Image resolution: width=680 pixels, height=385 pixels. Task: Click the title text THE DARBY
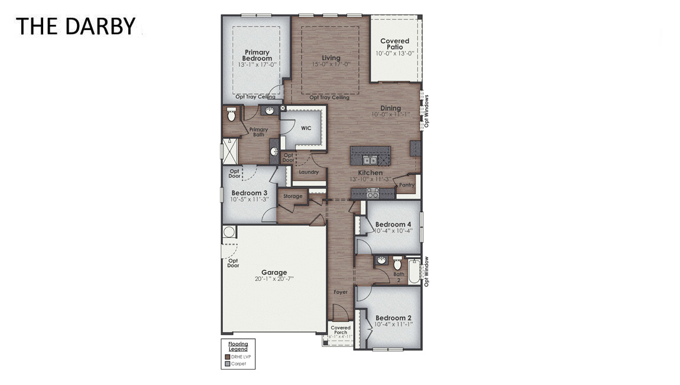pyautogui.click(x=75, y=26)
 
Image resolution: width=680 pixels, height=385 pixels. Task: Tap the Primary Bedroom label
pyautogui.click(x=257, y=55)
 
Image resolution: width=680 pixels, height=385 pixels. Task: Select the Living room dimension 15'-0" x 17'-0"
pyautogui.click(x=331, y=64)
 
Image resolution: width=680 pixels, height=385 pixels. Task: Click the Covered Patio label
pyautogui.click(x=394, y=44)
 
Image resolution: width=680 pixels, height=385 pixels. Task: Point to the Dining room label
pyautogui.click(x=390, y=108)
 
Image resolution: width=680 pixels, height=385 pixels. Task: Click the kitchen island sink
pyautogui.click(x=370, y=160)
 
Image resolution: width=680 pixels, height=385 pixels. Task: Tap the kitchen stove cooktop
pyautogui.click(x=373, y=193)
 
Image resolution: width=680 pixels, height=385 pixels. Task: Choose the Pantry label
pyautogui.click(x=407, y=185)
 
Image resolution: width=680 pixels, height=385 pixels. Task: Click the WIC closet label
pyautogui.click(x=306, y=128)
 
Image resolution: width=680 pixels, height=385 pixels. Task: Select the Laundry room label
pyautogui.click(x=309, y=172)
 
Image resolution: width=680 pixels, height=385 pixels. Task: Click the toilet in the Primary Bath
pyautogui.click(x=232, y=114)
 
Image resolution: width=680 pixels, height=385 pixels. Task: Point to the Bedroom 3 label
pyautogui.click(x=249, y=193)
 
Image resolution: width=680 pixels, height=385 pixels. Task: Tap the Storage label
pyautogui.click(x=293, y=196)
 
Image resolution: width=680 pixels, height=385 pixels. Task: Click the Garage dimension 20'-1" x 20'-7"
pyautogui.click(x=274, y=279)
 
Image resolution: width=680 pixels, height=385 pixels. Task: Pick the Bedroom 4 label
pyautogui.click(x=393, y=224)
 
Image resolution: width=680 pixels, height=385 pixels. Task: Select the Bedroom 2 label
pyautogui.click(x=393, y=318)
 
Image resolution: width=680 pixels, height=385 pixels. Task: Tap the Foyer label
pyautogui.click(x=340, y=292)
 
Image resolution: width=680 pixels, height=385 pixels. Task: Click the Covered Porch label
pyautogui.click(x=341, y=330)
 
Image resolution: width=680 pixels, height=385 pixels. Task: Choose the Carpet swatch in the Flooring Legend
pyautogui.click(x=228, y=364)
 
